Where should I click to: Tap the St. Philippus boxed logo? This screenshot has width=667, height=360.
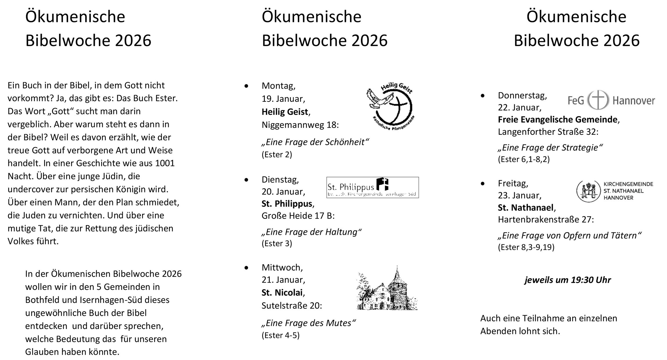372,187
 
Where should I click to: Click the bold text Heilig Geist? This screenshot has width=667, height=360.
284,112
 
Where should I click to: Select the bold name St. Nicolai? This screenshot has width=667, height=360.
282,293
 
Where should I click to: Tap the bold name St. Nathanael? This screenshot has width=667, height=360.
525,208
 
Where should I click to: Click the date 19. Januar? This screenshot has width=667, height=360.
283,99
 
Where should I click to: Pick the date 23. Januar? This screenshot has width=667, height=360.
519,195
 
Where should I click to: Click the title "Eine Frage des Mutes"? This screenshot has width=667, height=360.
309,323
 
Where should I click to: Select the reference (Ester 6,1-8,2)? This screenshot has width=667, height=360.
524,159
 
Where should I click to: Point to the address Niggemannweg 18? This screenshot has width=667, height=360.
300,125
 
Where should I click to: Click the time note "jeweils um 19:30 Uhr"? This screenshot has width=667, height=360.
568,280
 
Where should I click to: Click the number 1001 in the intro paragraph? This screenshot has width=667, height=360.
165,163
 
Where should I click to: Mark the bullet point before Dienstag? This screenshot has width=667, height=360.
246,180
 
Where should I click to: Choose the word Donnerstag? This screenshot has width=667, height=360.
522,95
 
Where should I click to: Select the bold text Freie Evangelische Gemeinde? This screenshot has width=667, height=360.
558,119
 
